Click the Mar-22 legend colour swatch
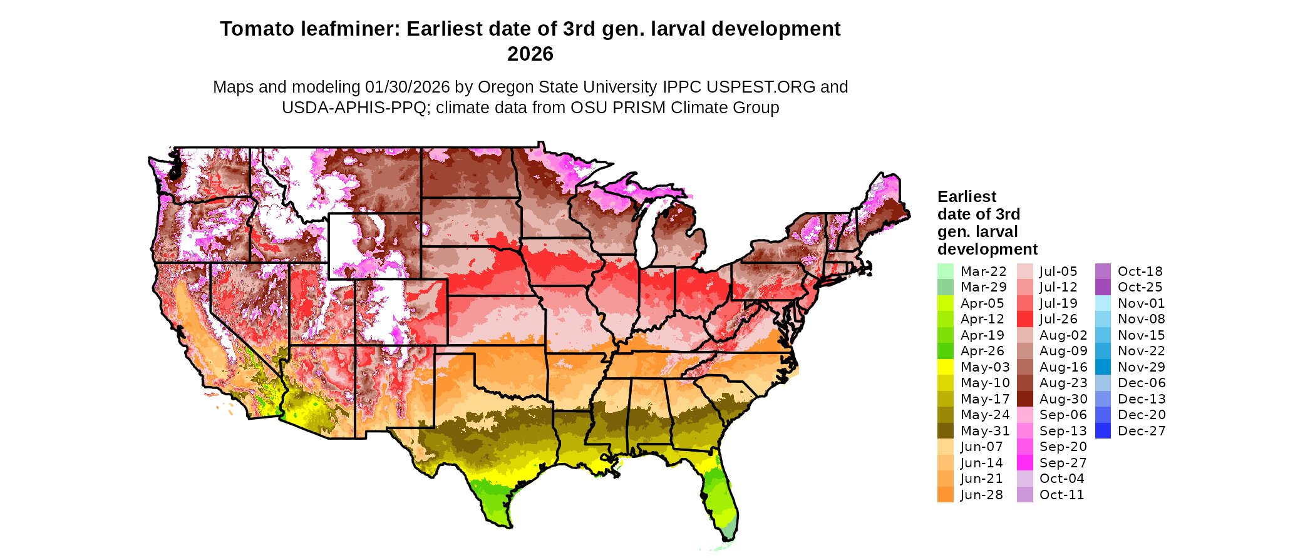point(945,271)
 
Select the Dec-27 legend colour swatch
point(1103,431)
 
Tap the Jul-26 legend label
point(1058,319)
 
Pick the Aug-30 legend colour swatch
point(1024,399)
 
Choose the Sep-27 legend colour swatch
point(1024,463)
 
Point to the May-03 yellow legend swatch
point(945,367)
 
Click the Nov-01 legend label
point(1141,303)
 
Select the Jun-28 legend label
point(981,495)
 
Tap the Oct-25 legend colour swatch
point(1103,287)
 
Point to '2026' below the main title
point(530,54)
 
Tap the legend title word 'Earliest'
point(966,197)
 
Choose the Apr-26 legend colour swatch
point(945,351)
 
